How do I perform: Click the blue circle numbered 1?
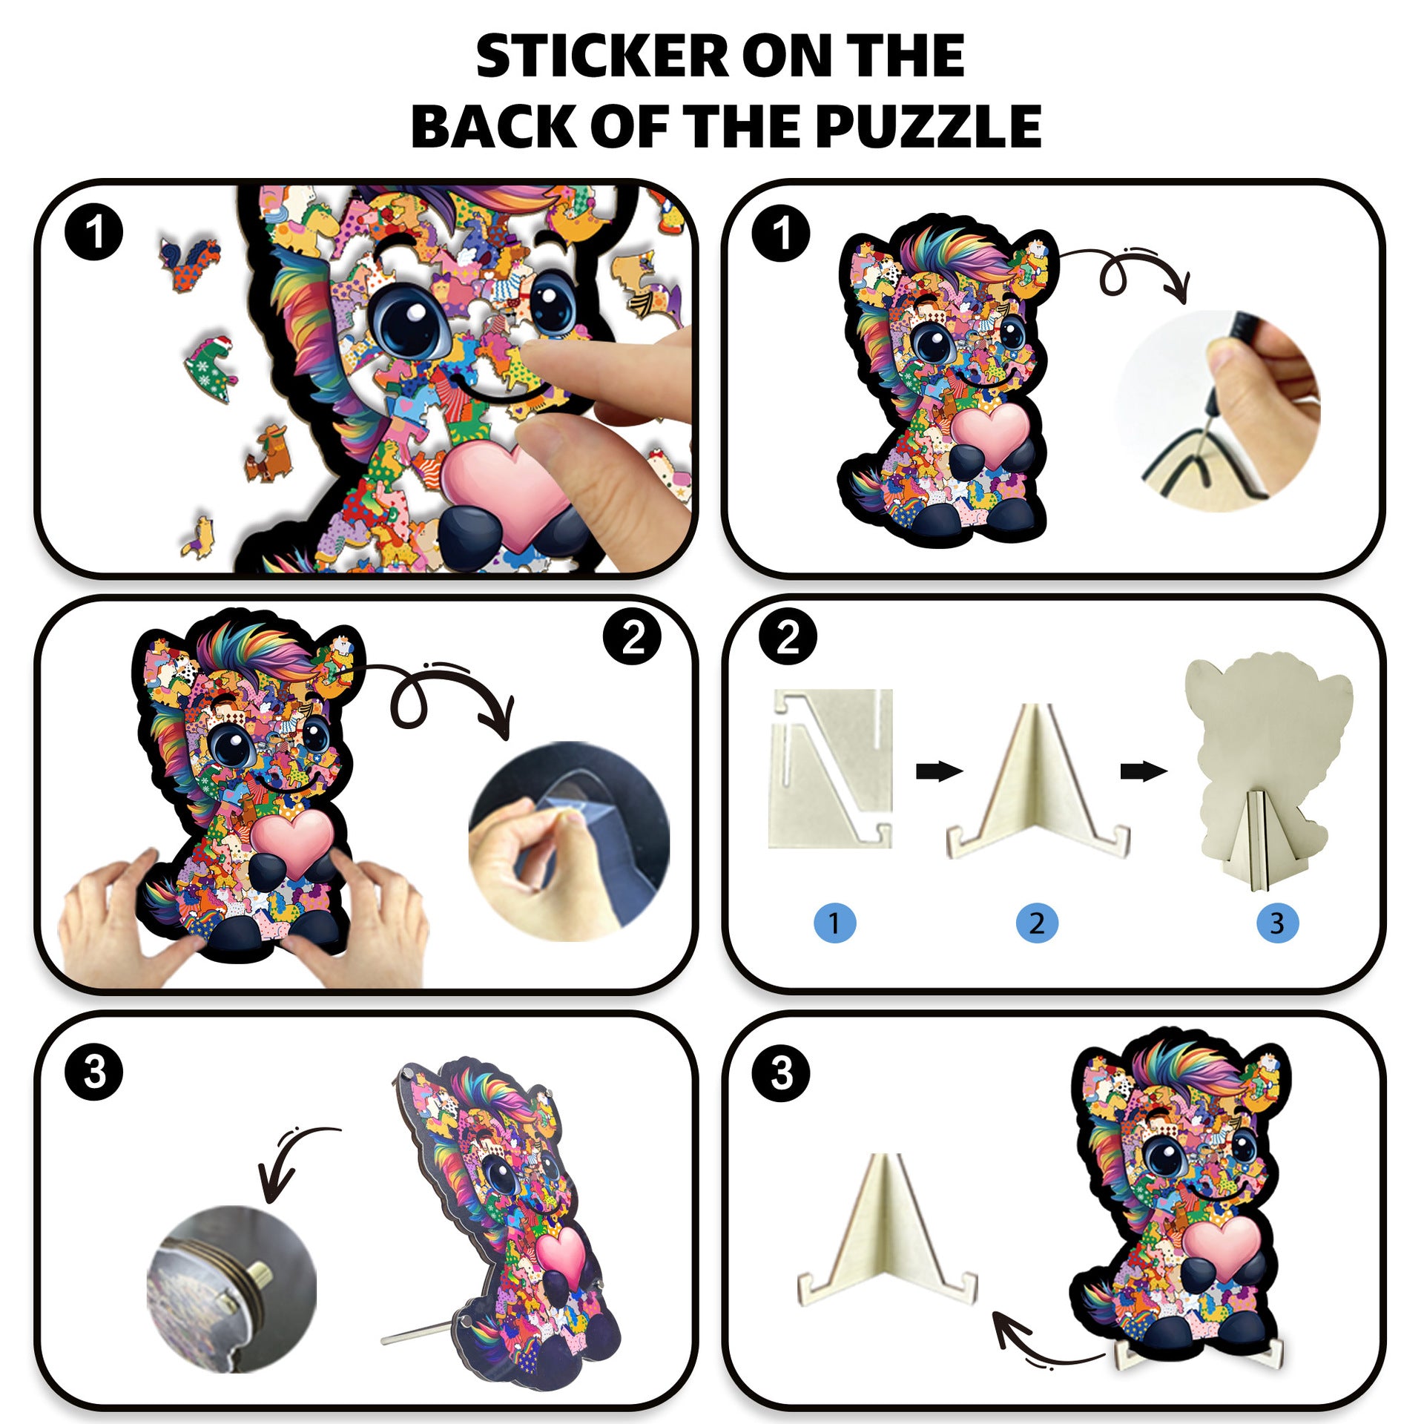834,923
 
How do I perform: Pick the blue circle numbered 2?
1037,923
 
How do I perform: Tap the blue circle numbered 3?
1277,923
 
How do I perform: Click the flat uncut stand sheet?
831,768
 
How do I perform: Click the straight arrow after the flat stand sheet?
939,771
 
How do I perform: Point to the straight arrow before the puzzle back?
1144,771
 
